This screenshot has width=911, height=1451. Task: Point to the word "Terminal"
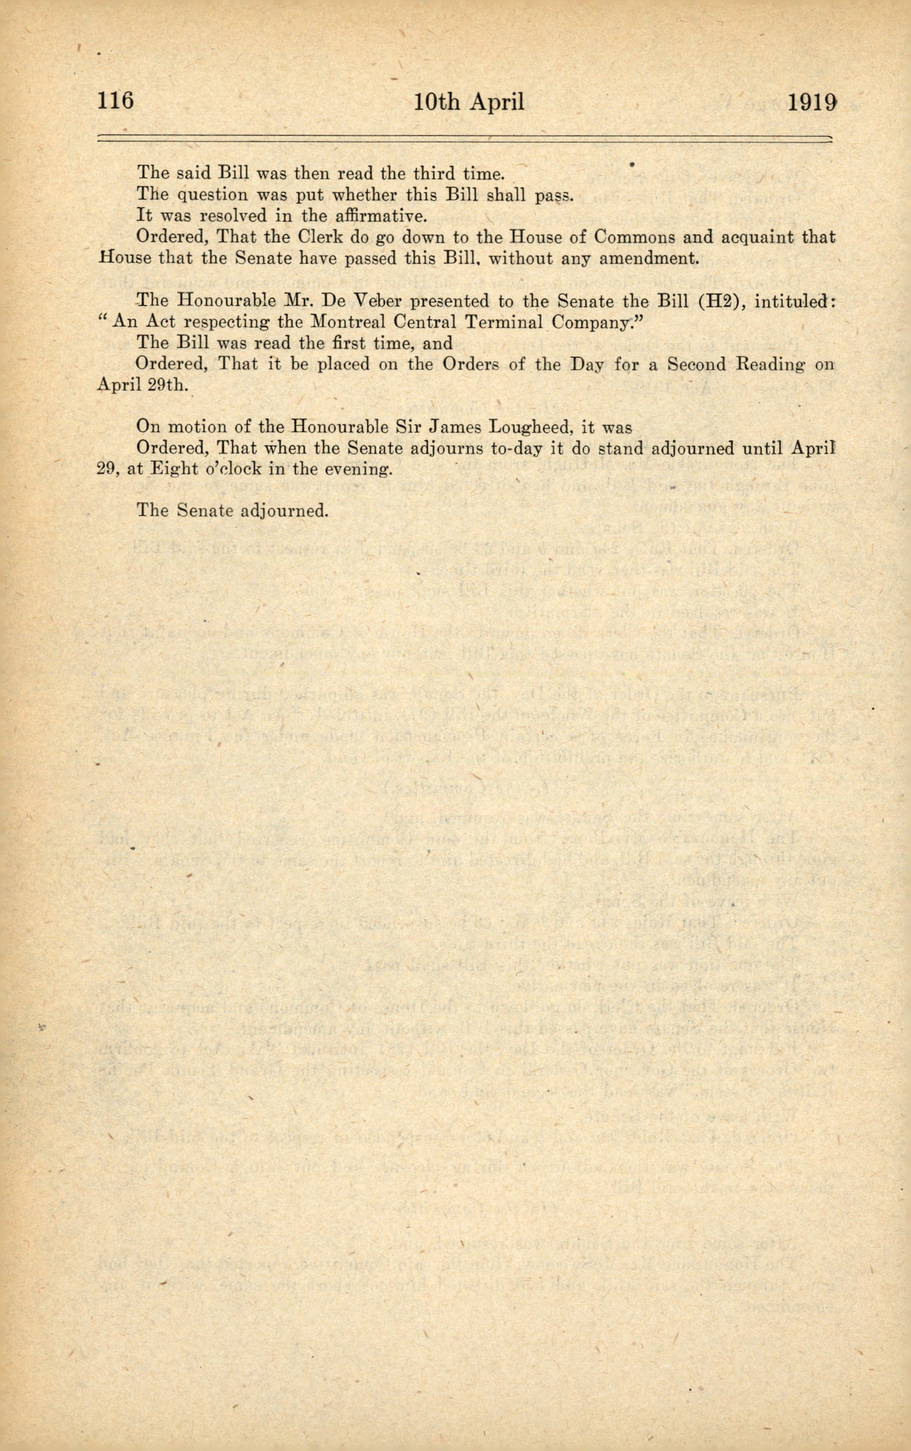click(504, 322)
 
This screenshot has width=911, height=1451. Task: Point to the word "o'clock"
click(237, 470)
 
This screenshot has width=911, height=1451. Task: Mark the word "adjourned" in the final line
click(284, 511)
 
